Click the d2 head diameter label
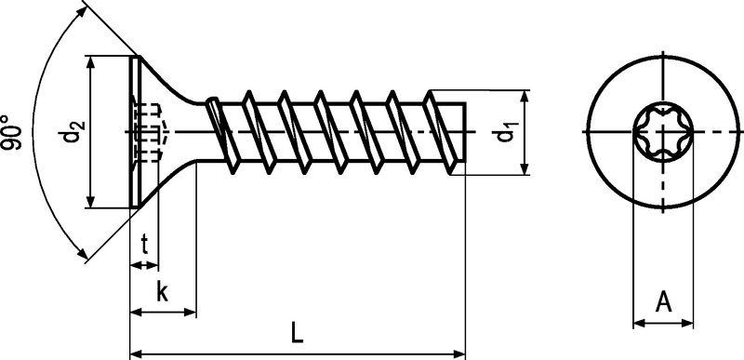(x=73, y=134)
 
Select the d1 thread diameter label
(x=506, y=133)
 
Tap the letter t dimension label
(x=145, y=246)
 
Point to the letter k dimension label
(x=162, y=292)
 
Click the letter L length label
(x=297, y=331)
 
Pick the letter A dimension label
(x=663, y=301)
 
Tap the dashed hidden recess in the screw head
(x=149, y=133)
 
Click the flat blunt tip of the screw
(x=463, y=132)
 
